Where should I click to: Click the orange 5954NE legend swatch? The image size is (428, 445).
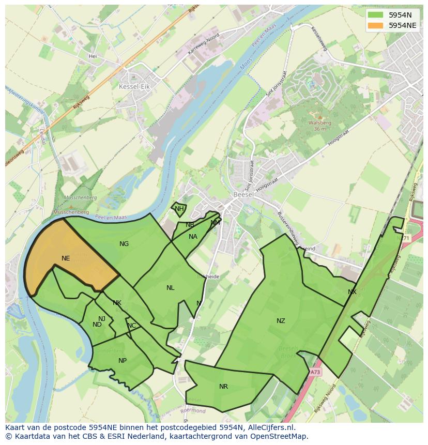coord(376,25)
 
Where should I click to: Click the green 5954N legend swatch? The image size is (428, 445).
coord(376,14)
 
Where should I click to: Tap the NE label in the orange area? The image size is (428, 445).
coord(66,258)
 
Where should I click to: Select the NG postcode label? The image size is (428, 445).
coord(124,244)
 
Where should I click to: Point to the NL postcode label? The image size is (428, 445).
coord(170,288)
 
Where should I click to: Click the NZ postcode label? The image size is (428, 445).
coord(281,321)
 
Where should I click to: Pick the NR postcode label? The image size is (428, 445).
coord(223,387)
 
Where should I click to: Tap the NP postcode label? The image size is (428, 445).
coord(123,361)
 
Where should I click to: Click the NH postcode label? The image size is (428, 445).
coord(179,209)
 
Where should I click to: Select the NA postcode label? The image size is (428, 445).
coord(193,237)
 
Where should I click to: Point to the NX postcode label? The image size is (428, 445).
coord(352,292)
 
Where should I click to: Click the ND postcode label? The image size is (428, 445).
coord(97,325)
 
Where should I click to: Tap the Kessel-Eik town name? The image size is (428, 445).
coord(134,87)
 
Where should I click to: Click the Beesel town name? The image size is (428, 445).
coord(242,195)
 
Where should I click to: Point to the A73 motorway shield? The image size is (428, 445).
coord(315,372)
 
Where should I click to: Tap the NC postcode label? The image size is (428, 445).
coord(132,326)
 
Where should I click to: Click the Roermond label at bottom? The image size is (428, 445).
coord(193,411)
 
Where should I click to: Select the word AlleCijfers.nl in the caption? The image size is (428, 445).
coord(269,427)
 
